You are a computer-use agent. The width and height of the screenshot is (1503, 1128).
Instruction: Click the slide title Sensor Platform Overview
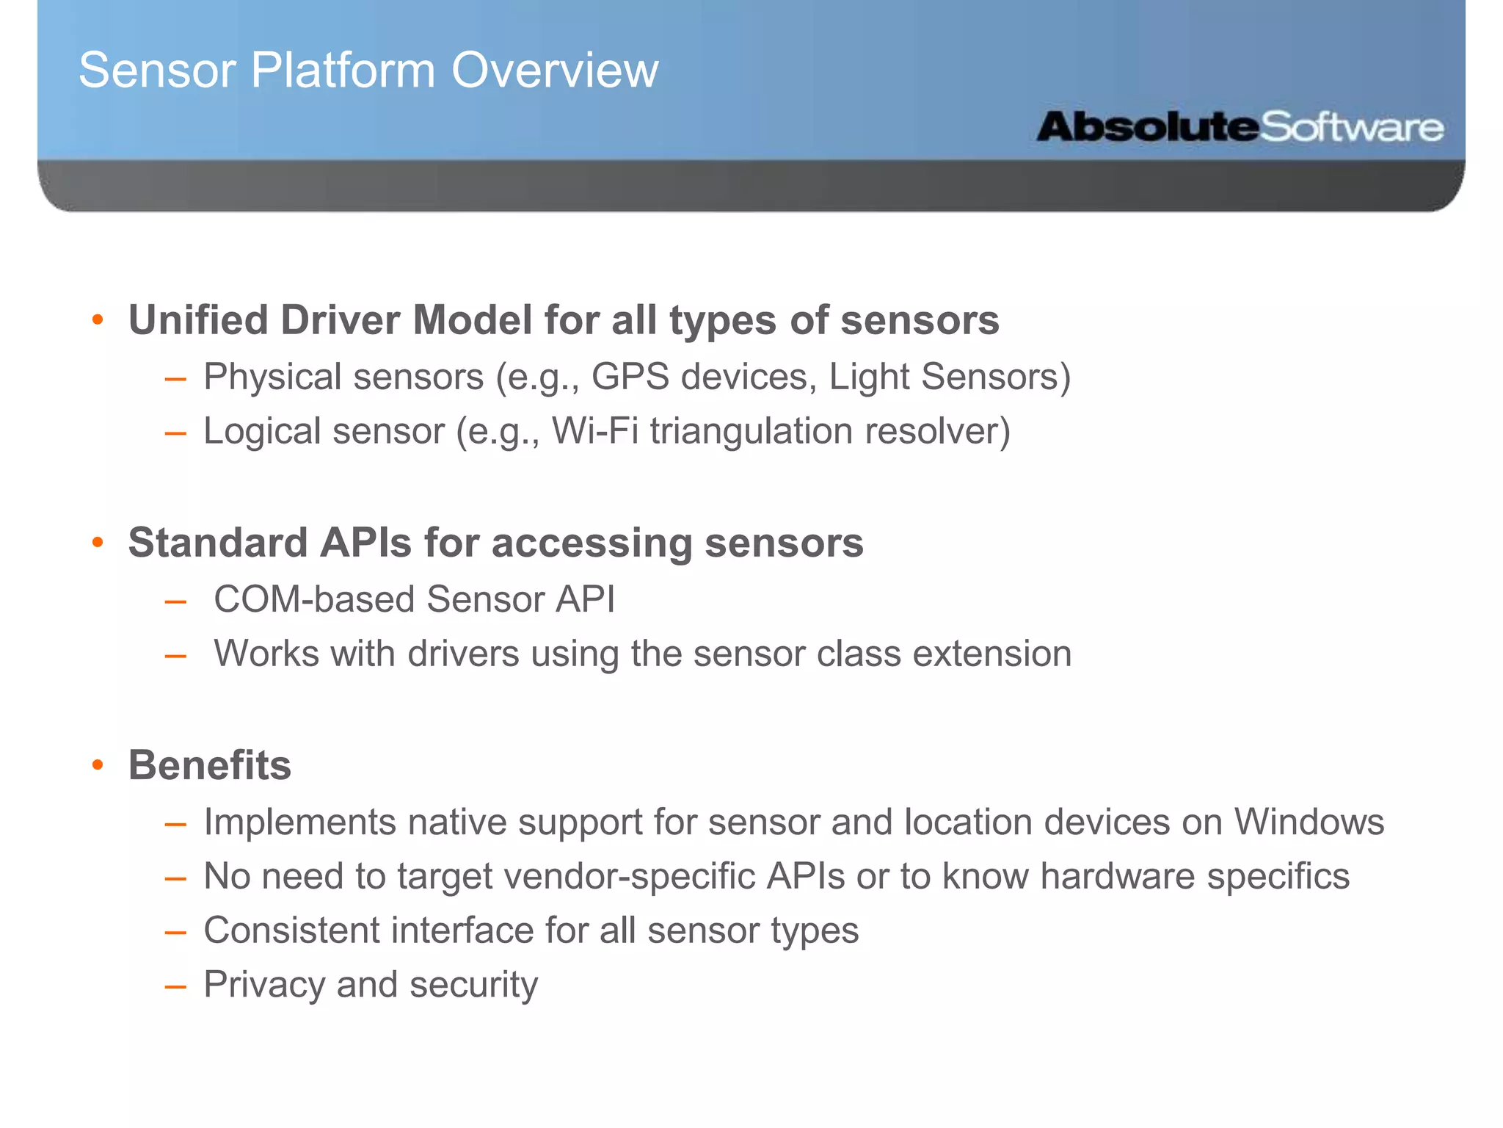pyautogui.click(x=368, y=70)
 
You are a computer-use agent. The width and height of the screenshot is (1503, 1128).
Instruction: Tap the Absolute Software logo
pyautogui.click(x=1240, y=127)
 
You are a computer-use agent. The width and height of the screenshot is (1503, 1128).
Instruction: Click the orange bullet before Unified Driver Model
pyautogui.click(x=98, y=320)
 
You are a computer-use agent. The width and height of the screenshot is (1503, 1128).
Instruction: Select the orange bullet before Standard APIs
pyautogui.click(x=98, y=543)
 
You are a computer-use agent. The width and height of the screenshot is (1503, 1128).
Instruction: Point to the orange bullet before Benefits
pyautogui.click(x=98, y=765)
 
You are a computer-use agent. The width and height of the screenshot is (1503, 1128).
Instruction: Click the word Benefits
pyautogui.click(x=210, y=765)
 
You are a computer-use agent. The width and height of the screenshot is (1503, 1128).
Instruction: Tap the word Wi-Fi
pyautogui.click(x=594, y=431)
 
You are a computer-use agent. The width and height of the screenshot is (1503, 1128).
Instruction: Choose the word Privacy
pyautogui.click(x=264, y=985)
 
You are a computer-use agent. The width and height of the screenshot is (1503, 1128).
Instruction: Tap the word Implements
pyautogui.click(x=299, y=822)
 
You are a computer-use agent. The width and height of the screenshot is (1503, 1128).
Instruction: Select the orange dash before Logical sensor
pyautogui.click(x=175, y=433)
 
